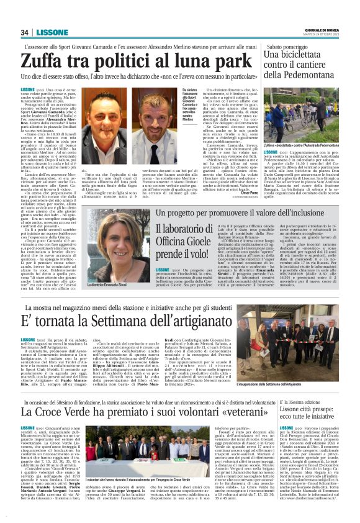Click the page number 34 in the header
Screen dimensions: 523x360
tap(25, 33)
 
